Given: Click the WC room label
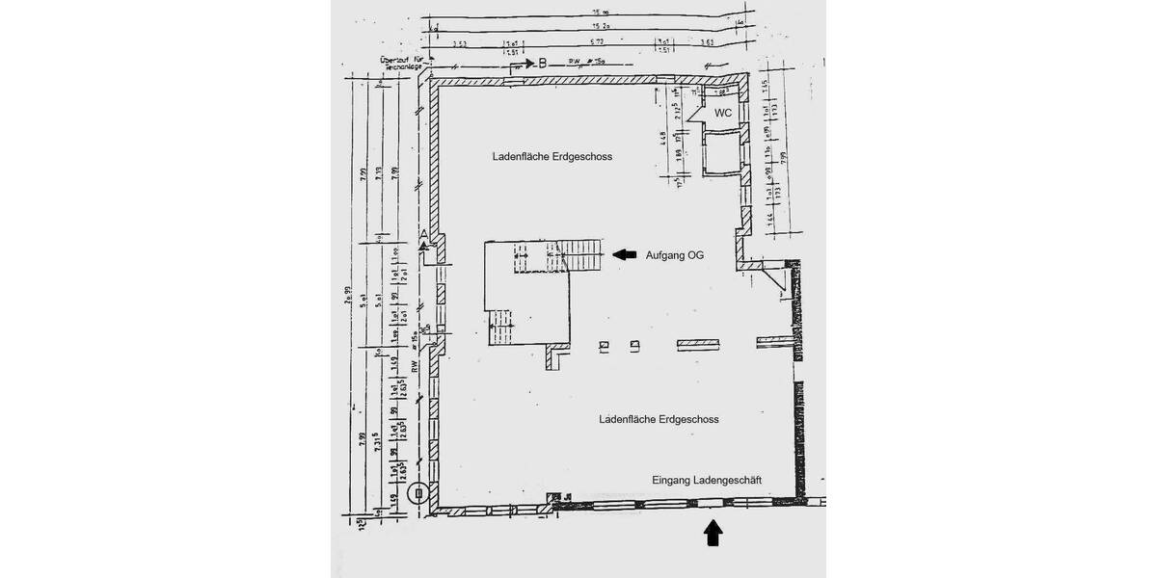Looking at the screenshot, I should tap(722, 113).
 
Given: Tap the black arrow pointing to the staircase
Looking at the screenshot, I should tap(625, 254).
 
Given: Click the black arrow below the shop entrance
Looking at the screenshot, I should tap(713, 533).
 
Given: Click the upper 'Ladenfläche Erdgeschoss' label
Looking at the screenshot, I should tap(552, 156).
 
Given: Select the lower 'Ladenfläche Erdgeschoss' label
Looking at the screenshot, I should tap(659, 420).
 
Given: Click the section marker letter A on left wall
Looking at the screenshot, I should tap(423, 235).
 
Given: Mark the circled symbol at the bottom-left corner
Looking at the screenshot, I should tap(417, 494).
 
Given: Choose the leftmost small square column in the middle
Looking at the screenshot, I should tap(605, 343).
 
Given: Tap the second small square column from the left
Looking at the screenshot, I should tap(634, 343).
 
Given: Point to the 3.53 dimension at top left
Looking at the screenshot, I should tap(459, 44).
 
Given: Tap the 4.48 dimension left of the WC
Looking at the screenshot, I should tap(663, 135).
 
